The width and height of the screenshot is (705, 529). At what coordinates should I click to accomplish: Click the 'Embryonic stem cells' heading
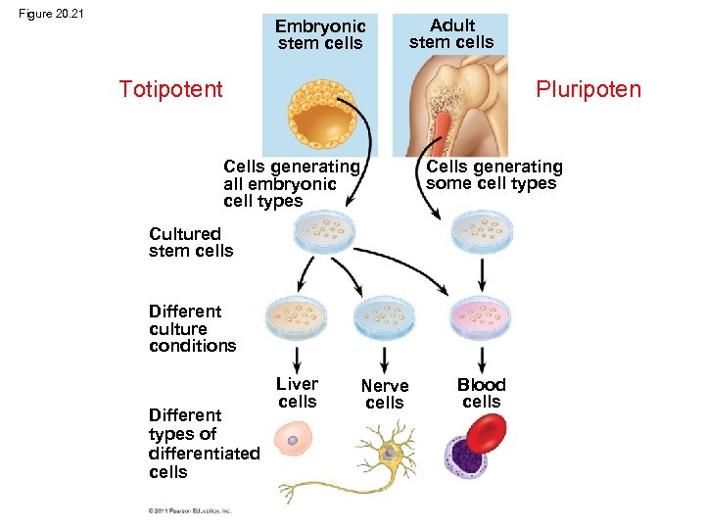pos(320,34)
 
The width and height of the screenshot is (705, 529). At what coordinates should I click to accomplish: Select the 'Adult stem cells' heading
pos(451,33)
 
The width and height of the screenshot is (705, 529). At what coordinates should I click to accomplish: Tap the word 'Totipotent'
pos(170,90)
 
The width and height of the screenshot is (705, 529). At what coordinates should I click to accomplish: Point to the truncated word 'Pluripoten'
pos(587,90)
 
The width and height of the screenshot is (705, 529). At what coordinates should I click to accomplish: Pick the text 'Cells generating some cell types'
pos(493,175)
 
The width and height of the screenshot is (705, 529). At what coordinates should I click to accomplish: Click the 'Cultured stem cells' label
pos(191,242)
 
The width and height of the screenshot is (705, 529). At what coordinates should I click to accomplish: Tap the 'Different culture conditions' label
pos(192,328)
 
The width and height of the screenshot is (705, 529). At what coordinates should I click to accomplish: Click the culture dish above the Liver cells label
pos(296,316)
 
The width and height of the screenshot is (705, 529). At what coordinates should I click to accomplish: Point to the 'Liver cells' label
pos(297,393)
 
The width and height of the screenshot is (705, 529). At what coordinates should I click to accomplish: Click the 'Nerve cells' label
pos(385,395)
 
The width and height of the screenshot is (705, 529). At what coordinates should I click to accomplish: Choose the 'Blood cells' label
pos(481,393)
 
